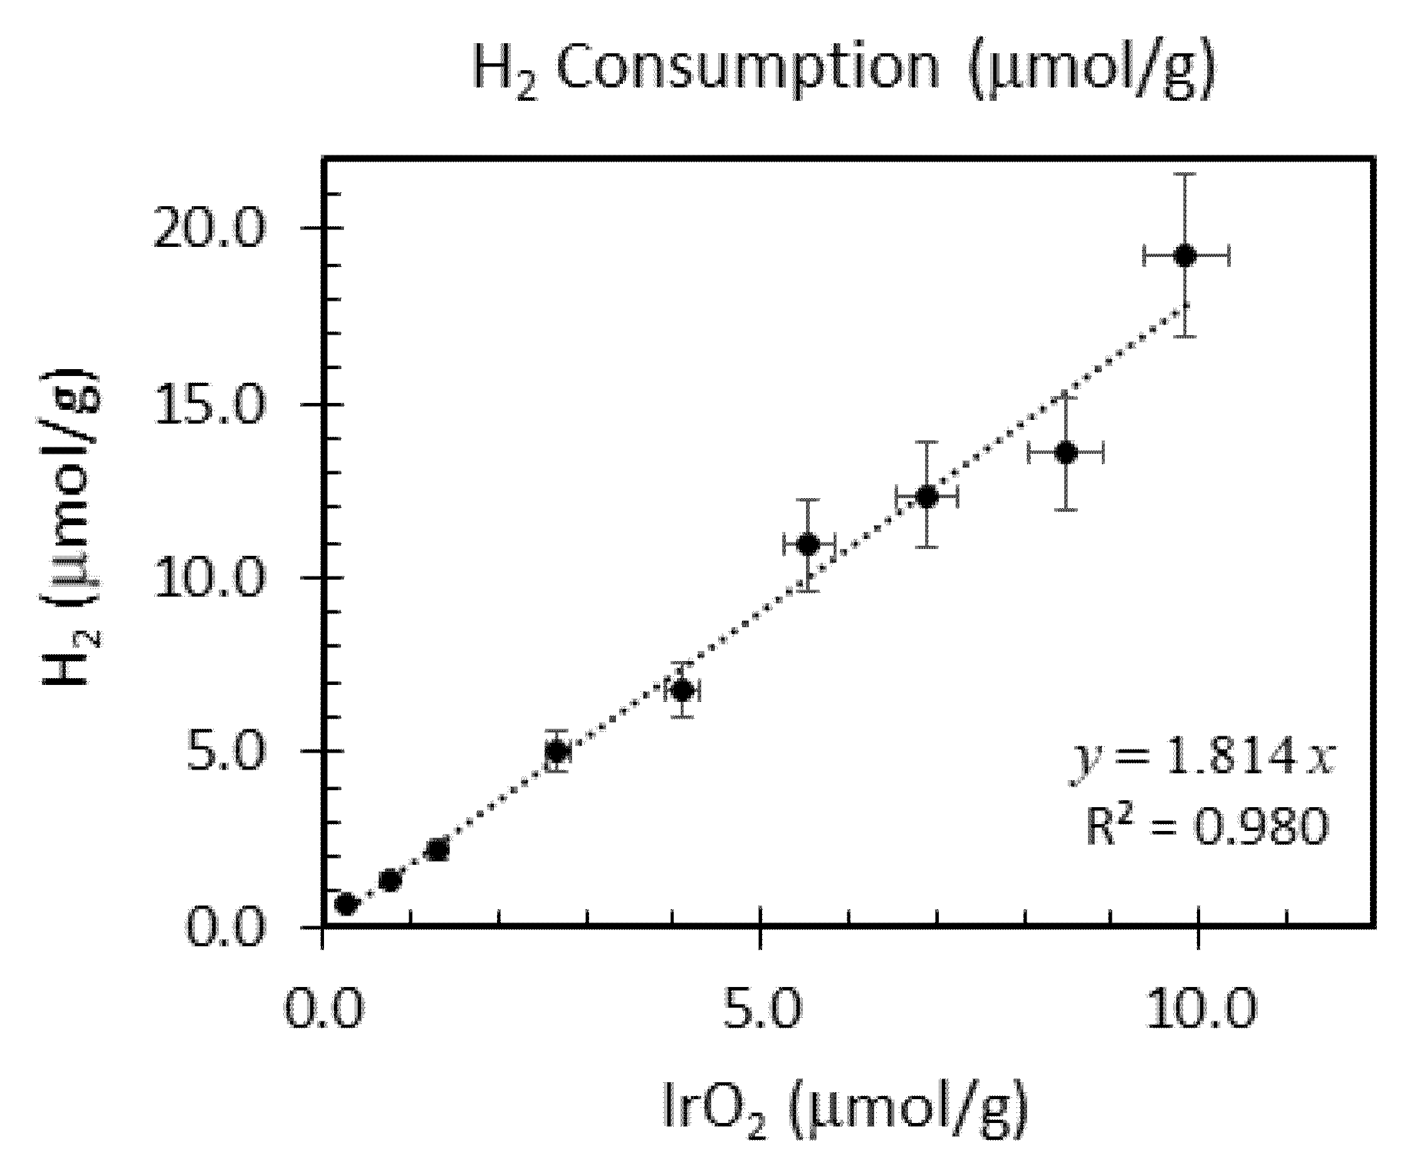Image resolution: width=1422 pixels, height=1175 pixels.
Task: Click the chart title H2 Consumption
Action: click(843, 70)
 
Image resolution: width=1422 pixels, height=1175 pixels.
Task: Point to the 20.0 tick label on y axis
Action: click(209, 229)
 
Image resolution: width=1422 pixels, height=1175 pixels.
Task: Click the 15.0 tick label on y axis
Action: click(209, 405)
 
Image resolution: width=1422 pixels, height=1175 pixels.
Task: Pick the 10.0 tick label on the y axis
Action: click(209, 578)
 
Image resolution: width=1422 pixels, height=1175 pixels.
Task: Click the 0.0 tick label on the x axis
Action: click(323, 1008)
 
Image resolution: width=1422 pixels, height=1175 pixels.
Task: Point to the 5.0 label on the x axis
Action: click(762, 1008)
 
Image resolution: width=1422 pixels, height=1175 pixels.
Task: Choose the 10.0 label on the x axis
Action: click(1201, 1008)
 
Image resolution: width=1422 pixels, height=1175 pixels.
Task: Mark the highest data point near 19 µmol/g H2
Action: click(1185, 256)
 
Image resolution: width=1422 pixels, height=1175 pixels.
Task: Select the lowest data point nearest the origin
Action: click(346, 904)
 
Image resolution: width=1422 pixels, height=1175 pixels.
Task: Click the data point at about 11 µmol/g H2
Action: click(808, 544)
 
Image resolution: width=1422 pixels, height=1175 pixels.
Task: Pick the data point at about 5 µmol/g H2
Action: click(557, 751)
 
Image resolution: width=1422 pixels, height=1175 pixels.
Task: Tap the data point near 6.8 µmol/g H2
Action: click(683, 691)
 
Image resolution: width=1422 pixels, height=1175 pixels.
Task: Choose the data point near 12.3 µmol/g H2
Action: click(926, 497)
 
